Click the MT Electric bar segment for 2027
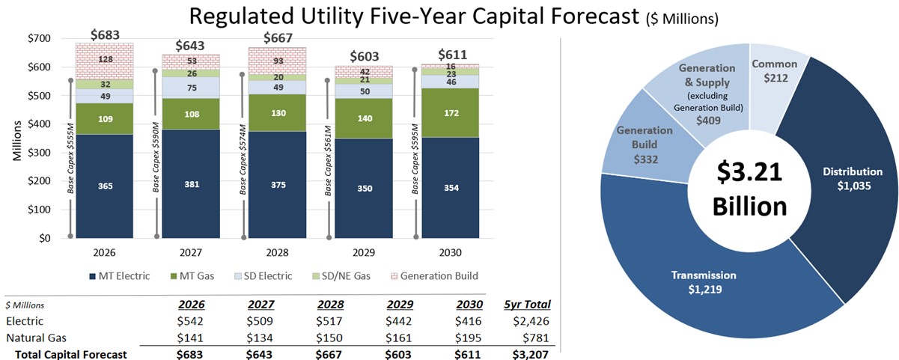coord(191,183)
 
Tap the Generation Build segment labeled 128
coord(104,60)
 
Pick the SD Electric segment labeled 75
coord(191,88)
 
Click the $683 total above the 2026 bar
coord(105,35)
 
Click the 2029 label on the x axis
coord(363,253)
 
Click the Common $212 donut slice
coord(774,71)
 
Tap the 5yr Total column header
coord(528,305)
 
